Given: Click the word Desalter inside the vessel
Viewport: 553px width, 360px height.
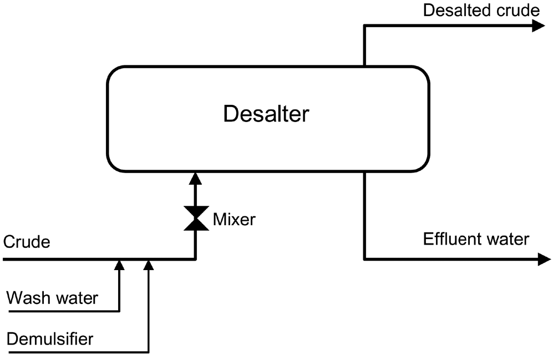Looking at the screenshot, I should pyautogui.click(x=266, y=114).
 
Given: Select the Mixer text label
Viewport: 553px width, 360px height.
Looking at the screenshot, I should pyautogui.click(x=234, y=220).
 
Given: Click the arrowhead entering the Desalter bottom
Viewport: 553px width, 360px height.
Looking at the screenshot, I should pyautogui.click(x=195, y=178).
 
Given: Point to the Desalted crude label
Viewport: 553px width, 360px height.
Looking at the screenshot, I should pyautogui.click(x=481, y=10).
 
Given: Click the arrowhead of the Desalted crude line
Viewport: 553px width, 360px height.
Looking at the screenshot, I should pyautogui.click(x=538, y=26).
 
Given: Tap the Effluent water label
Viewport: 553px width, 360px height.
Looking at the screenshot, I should pyautogui.click(x=476, y=240).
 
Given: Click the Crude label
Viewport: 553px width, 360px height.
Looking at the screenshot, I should pyautogui.click(x=27, y=242).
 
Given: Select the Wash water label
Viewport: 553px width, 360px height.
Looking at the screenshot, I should pyautogui.click(x=52, y=298).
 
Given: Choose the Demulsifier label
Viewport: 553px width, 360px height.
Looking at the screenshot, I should pyautogui.click(x=50, y=338).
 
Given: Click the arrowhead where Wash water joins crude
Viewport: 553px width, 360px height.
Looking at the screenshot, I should pyautogui.click(x=119, y=265).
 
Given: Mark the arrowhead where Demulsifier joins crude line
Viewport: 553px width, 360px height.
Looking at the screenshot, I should pyautogui.click(x=148, y=265).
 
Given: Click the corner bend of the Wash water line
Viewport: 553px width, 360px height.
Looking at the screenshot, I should pyautogui.click(x=119, y=311).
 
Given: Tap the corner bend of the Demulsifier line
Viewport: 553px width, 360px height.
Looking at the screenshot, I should pyautogui.click(x=148, y=352).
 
